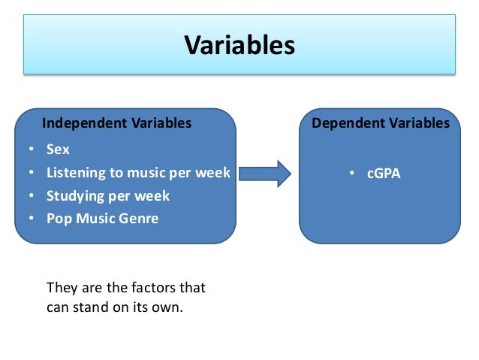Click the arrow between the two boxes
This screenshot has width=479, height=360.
271,174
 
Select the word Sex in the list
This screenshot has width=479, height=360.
58,150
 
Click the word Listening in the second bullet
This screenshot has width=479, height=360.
74,174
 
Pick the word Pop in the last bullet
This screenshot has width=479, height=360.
58,219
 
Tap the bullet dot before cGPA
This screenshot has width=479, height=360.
351,174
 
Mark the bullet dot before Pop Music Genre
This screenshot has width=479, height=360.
32,219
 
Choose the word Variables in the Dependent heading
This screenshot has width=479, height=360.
423,123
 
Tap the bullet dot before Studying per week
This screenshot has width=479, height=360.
32,197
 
